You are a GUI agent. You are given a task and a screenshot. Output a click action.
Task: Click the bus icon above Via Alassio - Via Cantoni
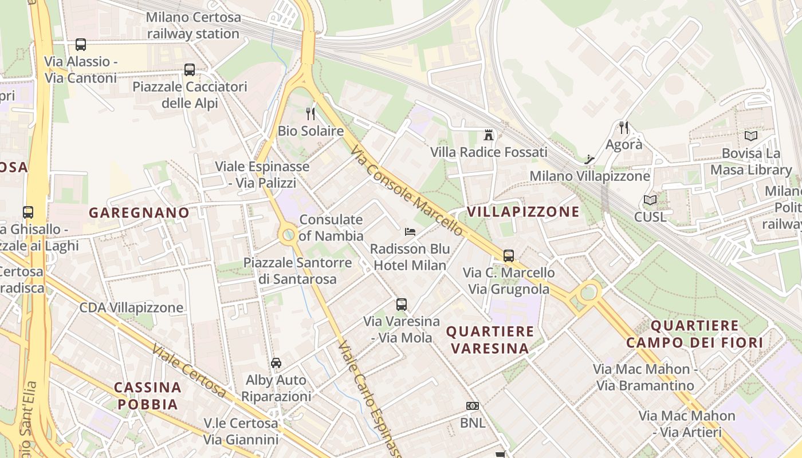81,45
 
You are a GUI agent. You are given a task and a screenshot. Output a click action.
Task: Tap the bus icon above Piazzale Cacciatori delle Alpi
190,70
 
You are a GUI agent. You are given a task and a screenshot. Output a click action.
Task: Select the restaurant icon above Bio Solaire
310,113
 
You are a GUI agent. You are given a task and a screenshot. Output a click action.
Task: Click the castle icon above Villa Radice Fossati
489,135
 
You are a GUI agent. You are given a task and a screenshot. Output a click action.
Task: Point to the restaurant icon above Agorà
624,127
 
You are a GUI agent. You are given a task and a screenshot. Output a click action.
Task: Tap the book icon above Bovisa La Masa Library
750,136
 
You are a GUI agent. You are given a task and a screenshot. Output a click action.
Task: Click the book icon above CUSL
650,200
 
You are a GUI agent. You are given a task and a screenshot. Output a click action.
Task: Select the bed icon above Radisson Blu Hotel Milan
410,232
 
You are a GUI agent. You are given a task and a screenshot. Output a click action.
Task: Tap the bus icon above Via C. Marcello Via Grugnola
509,256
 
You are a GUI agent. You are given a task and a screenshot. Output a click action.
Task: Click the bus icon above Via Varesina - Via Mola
402,305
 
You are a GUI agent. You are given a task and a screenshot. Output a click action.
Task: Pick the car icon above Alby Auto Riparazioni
276,363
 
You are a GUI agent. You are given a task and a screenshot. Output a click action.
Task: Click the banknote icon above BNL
473,406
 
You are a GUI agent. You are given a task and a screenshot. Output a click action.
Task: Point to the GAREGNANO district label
139,213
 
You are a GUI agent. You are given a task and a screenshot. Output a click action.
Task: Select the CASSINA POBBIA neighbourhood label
148,396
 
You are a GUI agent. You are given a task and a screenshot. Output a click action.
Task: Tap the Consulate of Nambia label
331,228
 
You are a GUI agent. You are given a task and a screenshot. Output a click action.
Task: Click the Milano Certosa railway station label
193,25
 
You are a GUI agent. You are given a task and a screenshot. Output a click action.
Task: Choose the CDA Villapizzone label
131,308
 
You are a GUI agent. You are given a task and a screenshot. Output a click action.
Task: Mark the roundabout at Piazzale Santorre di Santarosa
288,234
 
